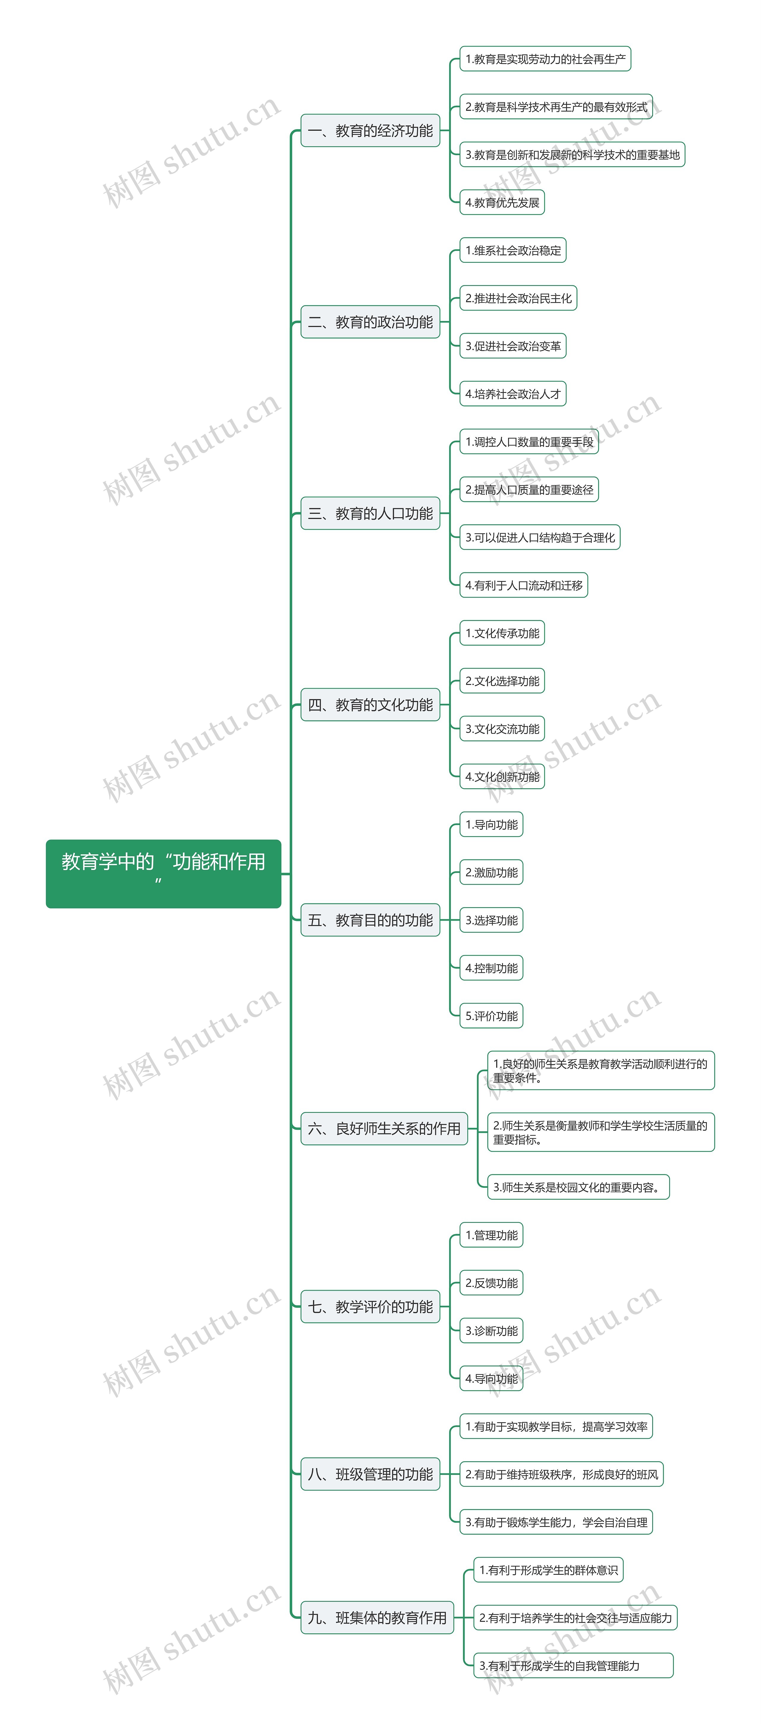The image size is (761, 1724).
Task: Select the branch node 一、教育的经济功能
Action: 370,130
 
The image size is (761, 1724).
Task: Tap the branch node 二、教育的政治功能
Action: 370,322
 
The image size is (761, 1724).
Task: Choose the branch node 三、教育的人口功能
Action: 370,513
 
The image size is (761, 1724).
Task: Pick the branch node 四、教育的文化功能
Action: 370,705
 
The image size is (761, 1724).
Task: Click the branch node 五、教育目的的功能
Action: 370,920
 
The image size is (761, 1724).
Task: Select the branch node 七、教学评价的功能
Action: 370,1306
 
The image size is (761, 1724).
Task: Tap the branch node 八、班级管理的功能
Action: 370,1474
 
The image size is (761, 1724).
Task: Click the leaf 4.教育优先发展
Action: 502,202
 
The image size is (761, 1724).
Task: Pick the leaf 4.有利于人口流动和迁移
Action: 523,585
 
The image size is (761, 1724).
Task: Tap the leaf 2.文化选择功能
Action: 502,681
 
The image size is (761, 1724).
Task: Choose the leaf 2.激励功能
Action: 491,872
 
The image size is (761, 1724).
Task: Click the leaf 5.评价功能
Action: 491,1015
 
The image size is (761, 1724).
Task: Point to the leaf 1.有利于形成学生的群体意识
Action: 548,1569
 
